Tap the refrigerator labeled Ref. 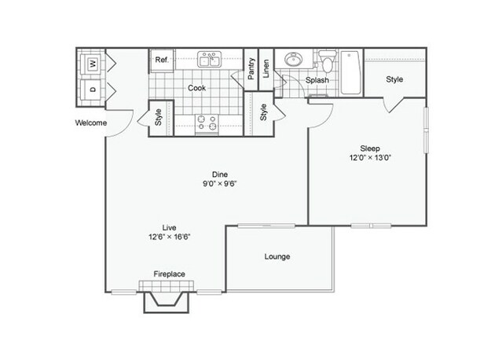click(163, 60)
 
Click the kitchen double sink click(210, 59)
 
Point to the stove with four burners click(207, 123)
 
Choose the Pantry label click(251, 68)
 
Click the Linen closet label click(266, 68)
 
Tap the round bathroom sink click(293, 60)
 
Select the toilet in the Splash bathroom click(327, 61)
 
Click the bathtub click(350, 72)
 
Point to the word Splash click(317, 80)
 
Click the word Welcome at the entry click(91, 123)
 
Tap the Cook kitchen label click(196, 88)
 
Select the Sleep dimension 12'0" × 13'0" click(371, 157)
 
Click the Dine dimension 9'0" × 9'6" click(220, 183)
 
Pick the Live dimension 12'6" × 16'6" click(170, 237)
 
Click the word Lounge click(277, 256)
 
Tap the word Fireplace click(170, 274)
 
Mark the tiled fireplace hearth click(167, 286)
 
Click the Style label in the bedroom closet click(394, 79)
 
